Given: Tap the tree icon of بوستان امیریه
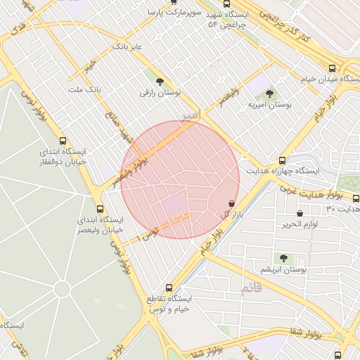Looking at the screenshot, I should (x=269, y=94).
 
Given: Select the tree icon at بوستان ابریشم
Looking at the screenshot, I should (x=283, y=258).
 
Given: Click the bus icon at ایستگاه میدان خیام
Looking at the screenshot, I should (x=332, y=68).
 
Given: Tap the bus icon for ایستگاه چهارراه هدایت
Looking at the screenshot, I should (x=283, y=160).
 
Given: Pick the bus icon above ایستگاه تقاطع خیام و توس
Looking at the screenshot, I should (x=168, y=288).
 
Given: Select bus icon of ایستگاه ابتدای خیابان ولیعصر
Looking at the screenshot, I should (x=100, y=209).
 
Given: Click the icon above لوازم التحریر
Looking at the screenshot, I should (x=300, y=213).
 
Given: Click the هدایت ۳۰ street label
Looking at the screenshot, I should (x=343, y=209).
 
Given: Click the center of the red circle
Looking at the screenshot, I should (x=180, y=180).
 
